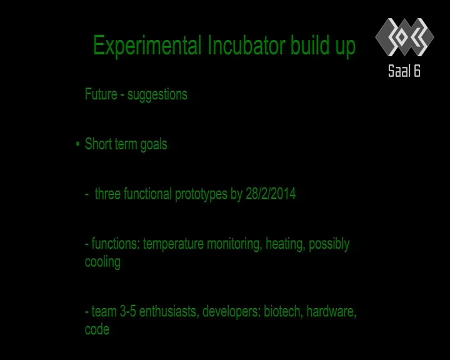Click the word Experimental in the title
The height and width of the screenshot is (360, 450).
(147, 46)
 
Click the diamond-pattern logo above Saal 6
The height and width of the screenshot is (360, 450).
(404, 37)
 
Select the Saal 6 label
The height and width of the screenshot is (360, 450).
(404, 71)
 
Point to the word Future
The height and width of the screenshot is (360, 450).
(101, 94)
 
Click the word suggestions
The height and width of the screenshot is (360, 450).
(157, 95)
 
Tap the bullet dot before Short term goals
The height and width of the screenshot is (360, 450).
(77, 144)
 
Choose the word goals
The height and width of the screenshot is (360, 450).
(154, 145)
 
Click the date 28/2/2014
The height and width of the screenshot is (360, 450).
(271, 194)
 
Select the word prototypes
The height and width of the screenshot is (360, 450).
(201, 194)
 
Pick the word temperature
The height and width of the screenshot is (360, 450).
(173, 244)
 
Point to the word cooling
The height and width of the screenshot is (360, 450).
(102, 262)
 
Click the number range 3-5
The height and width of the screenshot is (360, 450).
(127, 311)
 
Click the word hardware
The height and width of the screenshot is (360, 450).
(331, 312)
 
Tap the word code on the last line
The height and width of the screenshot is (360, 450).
(97, 329)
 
